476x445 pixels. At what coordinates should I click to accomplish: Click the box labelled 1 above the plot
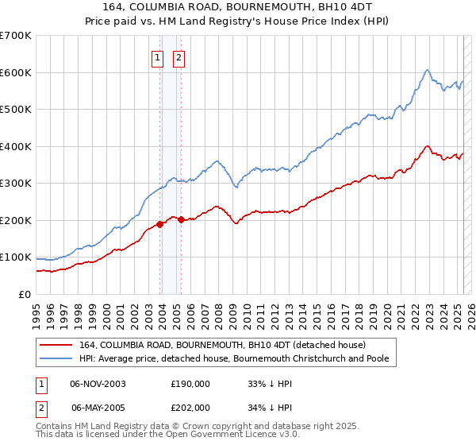(157, 57)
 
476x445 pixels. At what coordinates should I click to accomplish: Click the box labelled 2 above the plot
(178, 57)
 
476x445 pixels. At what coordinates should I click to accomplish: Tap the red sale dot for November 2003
(160, 224)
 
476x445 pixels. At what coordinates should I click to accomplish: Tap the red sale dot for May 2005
(181, 219)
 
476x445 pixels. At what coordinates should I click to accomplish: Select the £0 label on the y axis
(24, 294)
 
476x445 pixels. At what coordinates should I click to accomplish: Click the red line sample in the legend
(56, 345)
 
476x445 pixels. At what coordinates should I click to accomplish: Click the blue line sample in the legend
(56, 358)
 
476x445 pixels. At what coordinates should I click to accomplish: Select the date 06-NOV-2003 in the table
(98, 383)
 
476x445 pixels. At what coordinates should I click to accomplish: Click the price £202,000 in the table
(190, 407)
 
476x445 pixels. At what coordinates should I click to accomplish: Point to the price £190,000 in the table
(190, 383)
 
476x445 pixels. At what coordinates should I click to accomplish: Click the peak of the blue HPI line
(427, 70)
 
